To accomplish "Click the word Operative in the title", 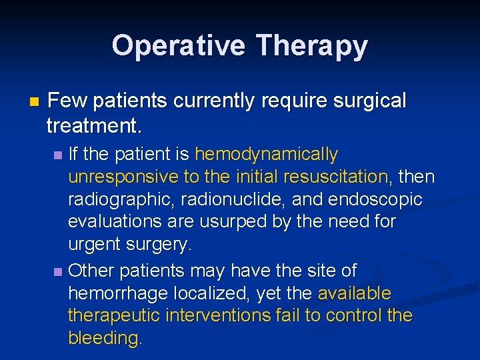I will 179,46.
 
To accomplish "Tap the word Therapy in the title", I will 311,46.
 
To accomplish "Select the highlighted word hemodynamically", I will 266,155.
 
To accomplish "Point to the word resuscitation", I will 337,177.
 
